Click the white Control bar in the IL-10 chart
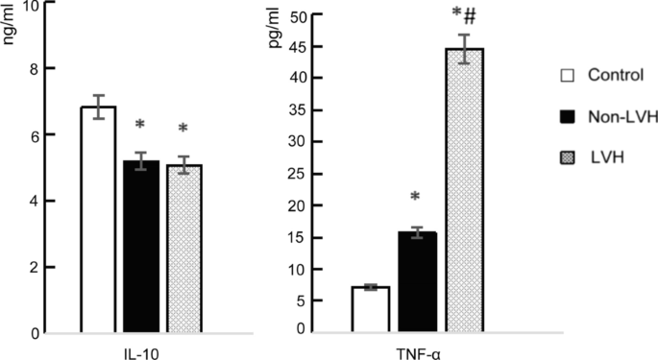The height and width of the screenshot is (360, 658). pos(98,221)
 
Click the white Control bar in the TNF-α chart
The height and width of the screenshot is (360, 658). pos(370,308)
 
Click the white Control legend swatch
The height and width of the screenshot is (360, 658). pos(567,76)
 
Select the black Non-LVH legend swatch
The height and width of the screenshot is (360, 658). pos(567,116)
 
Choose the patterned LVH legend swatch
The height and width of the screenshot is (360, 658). pos(567,157)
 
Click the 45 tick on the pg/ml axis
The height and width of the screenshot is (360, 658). pos(326,47)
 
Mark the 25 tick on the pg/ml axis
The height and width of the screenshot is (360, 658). pos(326,173)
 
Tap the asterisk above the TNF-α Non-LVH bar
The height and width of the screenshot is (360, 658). pos(415,198)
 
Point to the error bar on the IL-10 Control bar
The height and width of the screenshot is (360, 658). pos(98,107)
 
